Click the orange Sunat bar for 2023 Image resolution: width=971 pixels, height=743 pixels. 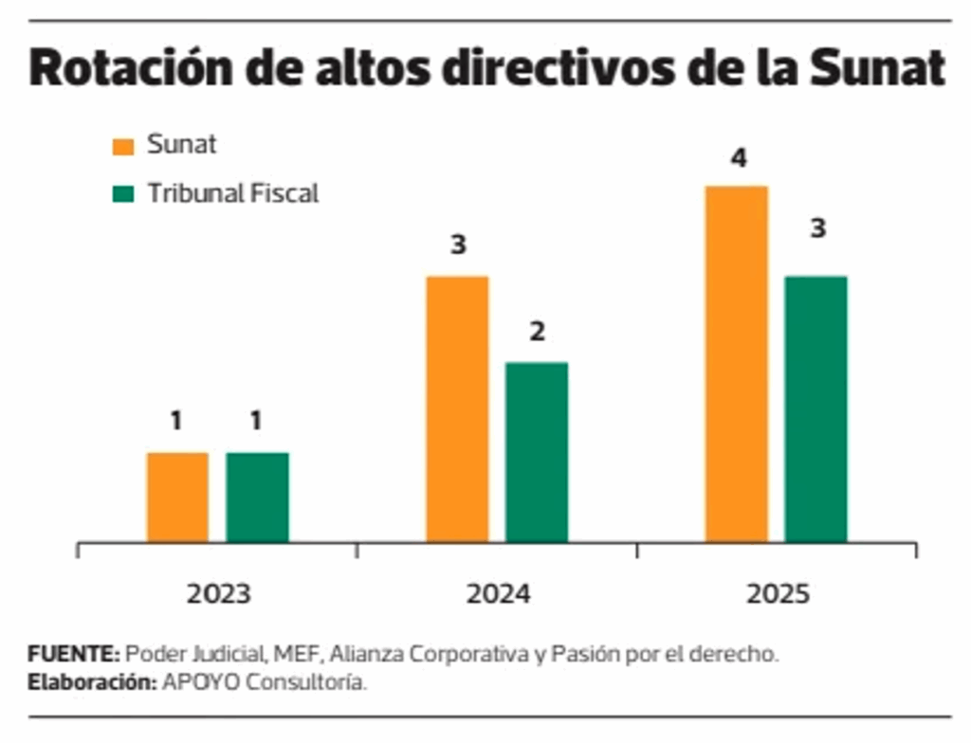click(177, 498)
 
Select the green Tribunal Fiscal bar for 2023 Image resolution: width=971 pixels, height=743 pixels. click(257, 498)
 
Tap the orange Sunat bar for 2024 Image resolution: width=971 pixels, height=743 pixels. click(457, 409)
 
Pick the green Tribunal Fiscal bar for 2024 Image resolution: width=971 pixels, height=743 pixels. click(537, 452)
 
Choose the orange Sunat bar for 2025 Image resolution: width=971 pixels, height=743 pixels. click(737, 365)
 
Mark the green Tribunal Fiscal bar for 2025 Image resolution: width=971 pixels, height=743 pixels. click(815, 409)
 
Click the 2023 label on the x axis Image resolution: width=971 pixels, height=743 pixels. click(218, 595)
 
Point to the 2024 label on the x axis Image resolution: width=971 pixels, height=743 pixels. click(498, 595)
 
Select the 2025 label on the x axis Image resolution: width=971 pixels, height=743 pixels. click(778, 595)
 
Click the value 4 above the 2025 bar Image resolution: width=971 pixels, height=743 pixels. click(738, 158)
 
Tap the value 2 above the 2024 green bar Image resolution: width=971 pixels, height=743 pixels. click(537, 333)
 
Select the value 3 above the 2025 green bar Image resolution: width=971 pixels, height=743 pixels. click(816, 229)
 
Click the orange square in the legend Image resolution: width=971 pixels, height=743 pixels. click(123, 146)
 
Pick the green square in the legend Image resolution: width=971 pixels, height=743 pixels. click(123, 194)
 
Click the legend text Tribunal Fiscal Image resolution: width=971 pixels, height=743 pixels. click(232, 193)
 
